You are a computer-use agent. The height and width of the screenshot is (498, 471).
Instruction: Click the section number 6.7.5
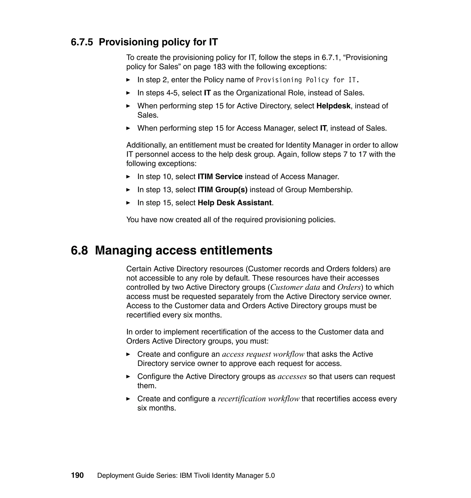pos(82,42)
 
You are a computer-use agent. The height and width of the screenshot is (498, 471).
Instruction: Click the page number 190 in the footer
pos(77,475)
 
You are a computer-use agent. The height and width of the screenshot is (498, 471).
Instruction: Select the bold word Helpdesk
pos(333,106)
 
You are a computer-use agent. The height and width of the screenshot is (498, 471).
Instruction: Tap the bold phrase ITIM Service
pos(220,177)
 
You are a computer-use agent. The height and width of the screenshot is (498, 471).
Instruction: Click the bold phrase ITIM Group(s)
pos(222,190)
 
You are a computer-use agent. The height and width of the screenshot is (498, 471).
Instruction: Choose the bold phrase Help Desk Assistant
pos(235,203)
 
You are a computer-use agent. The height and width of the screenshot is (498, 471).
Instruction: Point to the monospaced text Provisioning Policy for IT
pos(307,80)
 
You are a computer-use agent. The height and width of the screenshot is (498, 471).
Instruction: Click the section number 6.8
pos(79,250)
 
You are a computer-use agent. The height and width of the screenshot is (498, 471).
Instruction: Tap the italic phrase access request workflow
pos(263,354)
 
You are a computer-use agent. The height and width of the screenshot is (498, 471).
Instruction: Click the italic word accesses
pos(292,376)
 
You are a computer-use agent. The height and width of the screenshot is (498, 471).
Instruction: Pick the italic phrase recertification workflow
pos(258,399)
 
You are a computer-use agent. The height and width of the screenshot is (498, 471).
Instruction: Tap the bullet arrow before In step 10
pos(128,177)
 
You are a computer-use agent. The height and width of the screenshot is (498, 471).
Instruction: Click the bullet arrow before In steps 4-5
pos(128,93)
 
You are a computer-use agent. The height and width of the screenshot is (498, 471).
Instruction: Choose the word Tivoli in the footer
pos(202,475)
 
